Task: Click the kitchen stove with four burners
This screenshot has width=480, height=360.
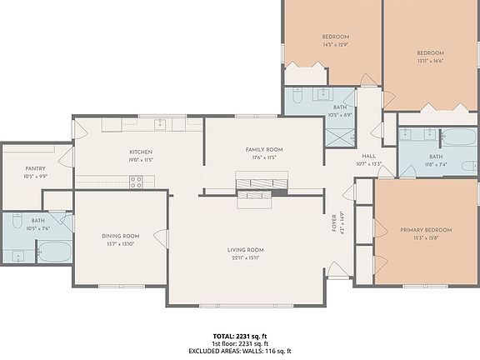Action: pyautogui.click(x=136, y=182)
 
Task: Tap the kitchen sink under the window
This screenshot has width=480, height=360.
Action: pyautogui.click(x=159, y=124)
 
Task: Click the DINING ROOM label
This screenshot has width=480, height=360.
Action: pyautogui.click(x=120, y=236)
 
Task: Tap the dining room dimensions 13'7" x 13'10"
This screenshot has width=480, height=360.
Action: pyautogui.click(x=120, y=243)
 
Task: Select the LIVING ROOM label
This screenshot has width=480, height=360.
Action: pyautogui.click(x=246, y=250)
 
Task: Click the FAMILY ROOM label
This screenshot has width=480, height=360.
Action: pyautogui.click(x=263, y=150)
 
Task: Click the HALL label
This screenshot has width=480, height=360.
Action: pyautogui.click(x=368, y=156)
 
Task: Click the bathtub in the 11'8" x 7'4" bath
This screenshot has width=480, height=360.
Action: pyautogui.click(x=457, y=137)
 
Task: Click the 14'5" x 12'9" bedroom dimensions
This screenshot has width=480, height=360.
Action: pyautogui.click(x=335, y=44)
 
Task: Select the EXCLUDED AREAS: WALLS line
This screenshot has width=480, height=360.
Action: pyautogui.click(x=240, y=351)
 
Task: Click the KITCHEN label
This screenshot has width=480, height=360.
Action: pyautogui.click(x=139, y=152)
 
